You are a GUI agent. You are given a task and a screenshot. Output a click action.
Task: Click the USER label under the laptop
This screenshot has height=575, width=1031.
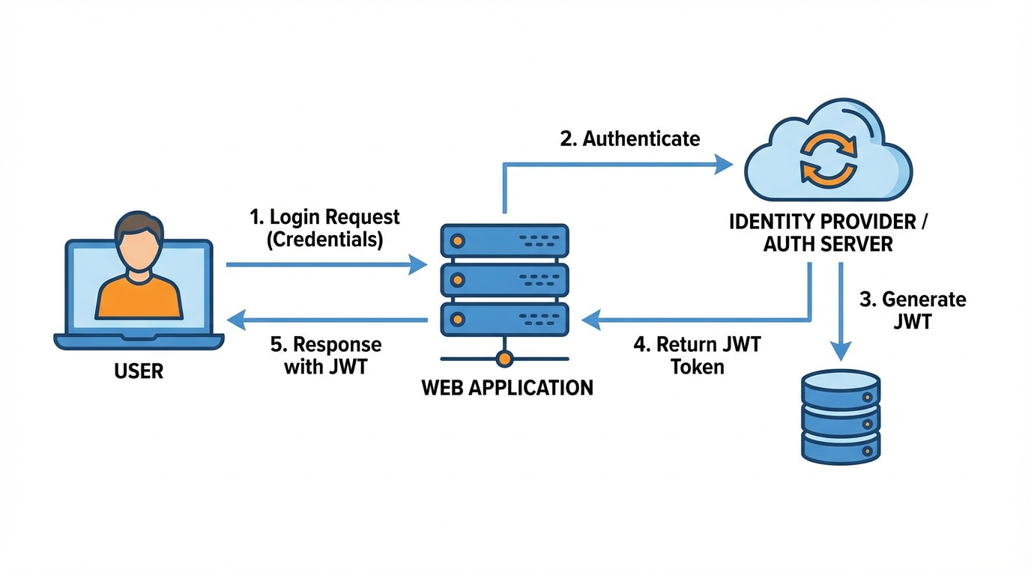(139, 371)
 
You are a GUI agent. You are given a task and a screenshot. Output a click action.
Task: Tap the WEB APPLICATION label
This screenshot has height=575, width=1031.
(507, 388)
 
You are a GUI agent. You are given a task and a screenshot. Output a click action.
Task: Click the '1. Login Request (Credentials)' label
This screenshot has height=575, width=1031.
(324, 228)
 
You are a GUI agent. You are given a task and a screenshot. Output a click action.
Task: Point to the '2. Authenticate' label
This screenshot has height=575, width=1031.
(630, 139)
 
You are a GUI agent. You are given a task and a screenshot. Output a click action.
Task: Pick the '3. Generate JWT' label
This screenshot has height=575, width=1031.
(913, 311)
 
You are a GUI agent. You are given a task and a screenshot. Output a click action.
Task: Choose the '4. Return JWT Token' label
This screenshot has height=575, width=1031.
(698, 356)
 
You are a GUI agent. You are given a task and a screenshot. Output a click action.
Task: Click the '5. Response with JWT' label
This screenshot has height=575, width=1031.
(326, 356)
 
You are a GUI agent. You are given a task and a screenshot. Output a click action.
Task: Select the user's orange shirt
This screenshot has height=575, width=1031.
(139, 297)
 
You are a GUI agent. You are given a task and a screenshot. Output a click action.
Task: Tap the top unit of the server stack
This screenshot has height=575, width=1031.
(505, 240)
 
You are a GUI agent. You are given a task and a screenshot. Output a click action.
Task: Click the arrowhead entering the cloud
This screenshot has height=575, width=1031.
(723, 164)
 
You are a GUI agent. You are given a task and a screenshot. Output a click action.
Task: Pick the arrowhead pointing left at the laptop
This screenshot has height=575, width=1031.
(236, 321)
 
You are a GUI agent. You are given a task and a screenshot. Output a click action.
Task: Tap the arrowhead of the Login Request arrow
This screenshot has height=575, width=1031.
(417, 264)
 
